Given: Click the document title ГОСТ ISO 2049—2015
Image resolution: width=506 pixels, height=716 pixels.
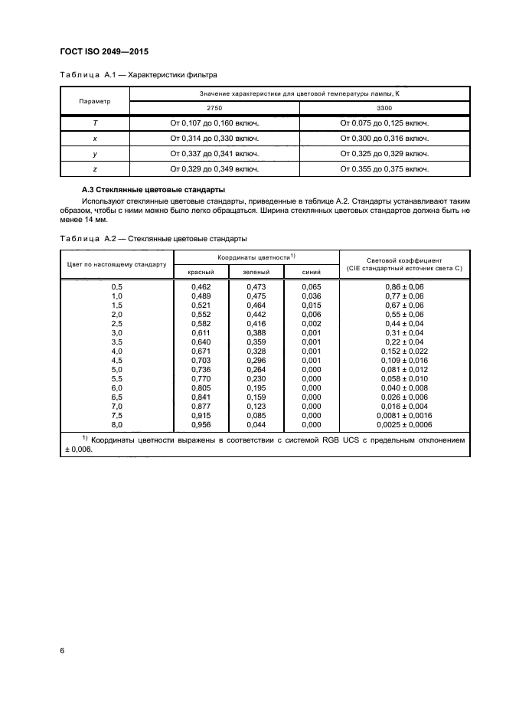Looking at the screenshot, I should tap(103, 51).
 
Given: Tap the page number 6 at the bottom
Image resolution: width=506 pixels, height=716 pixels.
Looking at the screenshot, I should tap(62, 650).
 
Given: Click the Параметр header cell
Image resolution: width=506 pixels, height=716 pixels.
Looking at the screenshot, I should tap(95, 101).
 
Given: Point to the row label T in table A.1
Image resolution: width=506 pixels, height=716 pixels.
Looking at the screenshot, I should tap(95, 123).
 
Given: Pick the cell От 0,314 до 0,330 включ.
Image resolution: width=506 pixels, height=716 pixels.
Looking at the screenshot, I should tap(214, 138).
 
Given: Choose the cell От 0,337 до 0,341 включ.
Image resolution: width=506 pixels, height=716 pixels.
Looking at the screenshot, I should tap(214, 153).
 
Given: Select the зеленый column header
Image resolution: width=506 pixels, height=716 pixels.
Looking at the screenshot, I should tap(256, 272).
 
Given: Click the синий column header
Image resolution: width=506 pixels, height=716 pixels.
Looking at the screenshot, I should tap(312, 272).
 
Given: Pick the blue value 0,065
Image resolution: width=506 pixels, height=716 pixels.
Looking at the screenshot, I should tap(311, 286).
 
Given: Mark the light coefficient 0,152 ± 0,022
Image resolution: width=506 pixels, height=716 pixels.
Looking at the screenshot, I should tap(404, 350).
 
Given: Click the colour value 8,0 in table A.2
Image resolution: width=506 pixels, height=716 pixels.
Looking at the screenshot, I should tap(117, 423).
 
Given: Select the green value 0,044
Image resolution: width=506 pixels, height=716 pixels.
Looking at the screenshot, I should tap(256, 423).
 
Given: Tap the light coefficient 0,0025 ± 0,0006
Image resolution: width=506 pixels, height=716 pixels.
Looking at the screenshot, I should tap(404, 423).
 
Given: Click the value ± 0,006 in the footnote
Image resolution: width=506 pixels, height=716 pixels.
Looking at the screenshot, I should tap(75, 450).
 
